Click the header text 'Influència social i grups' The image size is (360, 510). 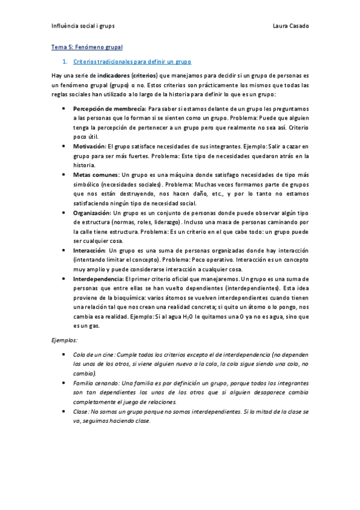(x=83, y=27)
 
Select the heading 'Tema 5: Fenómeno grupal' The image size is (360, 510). (x=87, y=46)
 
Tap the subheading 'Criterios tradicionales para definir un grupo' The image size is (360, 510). (x=132, y=62)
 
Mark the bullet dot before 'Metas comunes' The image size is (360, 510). (x=64, y=174)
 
